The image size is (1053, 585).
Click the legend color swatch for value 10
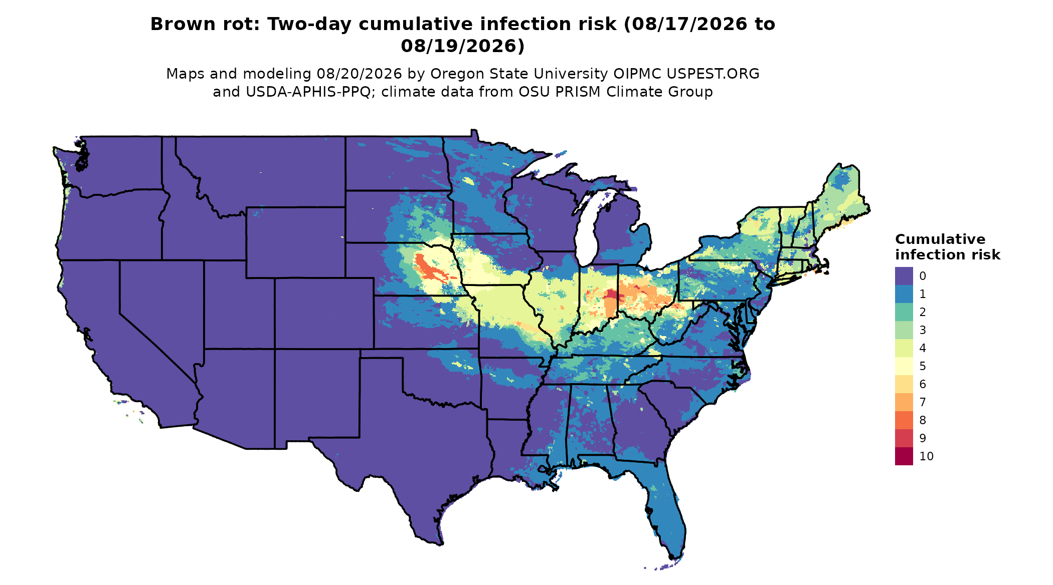point(904,456)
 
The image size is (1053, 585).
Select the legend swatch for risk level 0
point(904,276)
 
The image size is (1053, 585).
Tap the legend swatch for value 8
point(904,420)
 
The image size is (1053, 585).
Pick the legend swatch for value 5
point(904,366)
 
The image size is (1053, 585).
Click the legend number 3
point(923,330)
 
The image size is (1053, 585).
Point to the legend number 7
point(923,402)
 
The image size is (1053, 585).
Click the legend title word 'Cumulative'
point(940,239)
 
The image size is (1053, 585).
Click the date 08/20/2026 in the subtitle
point(359,74)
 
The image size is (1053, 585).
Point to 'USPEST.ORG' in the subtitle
point(713,74)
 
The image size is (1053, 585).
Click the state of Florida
point(657,506)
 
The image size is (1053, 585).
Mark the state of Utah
point(238,306)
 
